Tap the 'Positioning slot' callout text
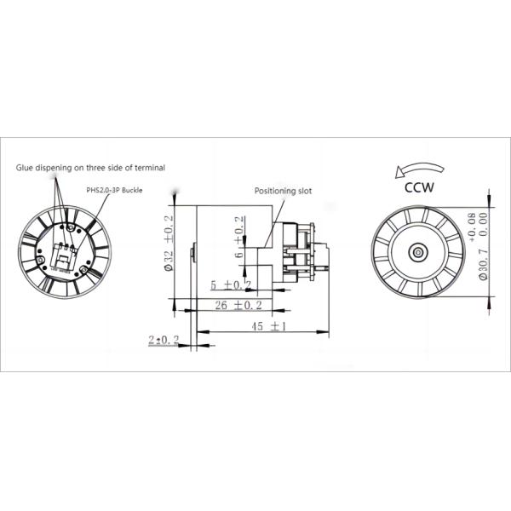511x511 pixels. (284, 192)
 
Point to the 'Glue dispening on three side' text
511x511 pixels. (90, 168)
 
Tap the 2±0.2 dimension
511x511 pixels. (163, 340)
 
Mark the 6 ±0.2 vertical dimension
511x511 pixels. (240, 244)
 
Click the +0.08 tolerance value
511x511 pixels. (474, 222)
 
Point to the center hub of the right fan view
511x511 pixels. (419, 252)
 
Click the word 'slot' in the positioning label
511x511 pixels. (302, 192)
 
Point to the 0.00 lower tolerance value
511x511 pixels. (484, 222)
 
